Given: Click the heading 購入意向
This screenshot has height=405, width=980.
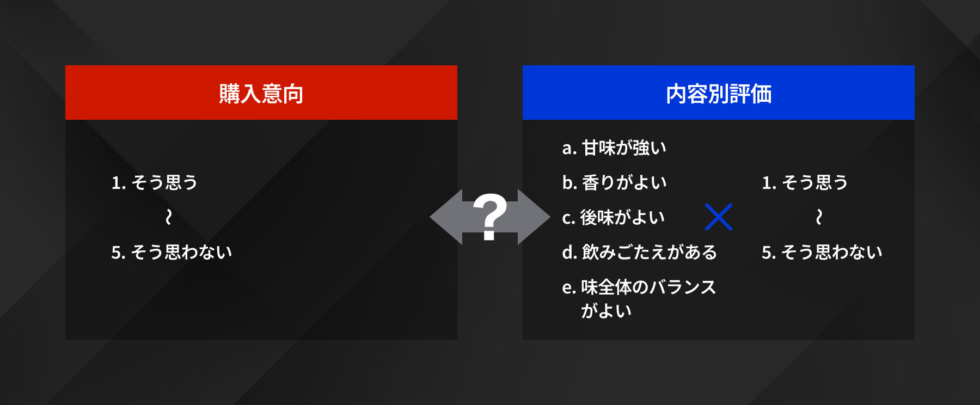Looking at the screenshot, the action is click(261, 94).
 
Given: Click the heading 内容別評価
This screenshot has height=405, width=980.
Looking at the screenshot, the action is click(719, 94).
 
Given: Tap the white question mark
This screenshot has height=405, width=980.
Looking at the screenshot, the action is click(490, 217).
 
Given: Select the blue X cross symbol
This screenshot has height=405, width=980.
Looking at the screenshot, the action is click(719, 217).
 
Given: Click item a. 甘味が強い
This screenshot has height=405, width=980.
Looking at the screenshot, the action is click(614, 148).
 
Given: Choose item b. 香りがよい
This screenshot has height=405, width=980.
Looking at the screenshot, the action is click(614, 182).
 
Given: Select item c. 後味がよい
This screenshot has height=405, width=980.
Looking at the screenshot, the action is click(614, 217).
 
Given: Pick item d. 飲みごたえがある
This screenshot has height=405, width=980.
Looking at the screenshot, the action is click(639, 252).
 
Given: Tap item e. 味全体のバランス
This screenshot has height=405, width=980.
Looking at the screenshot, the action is click(639, 287).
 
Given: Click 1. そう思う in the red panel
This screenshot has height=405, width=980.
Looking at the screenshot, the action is click(154, 182).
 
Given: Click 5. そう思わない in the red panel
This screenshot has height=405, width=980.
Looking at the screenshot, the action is click(171, 252).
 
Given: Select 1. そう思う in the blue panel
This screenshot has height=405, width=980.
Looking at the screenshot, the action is click(805, 182).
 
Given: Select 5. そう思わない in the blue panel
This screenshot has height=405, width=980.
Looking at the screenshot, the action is click(822, 252).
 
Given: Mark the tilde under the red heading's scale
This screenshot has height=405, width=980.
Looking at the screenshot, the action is click(169, 217).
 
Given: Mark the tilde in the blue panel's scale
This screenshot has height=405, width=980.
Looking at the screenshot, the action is click(819, 217).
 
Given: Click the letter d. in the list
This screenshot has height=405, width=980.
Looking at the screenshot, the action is click(569, 252).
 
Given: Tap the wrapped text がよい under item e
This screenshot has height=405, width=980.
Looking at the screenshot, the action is click(606, 311).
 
